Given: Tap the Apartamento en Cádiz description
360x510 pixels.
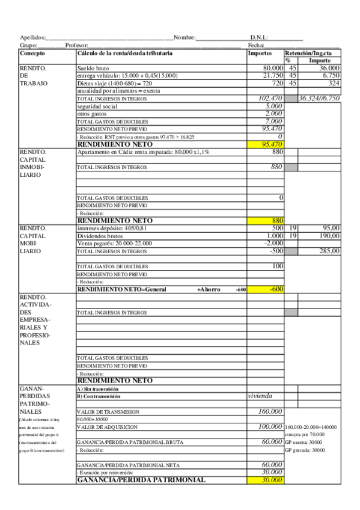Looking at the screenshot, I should [143, 152].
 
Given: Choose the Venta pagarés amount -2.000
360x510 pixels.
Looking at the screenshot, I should [273, 244].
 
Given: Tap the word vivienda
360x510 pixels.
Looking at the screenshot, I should [260, 396].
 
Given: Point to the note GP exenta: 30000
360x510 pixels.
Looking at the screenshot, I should [305, 441].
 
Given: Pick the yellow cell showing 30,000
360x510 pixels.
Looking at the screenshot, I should [265, 480].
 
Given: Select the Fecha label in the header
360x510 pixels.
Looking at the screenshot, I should [256, 46].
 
